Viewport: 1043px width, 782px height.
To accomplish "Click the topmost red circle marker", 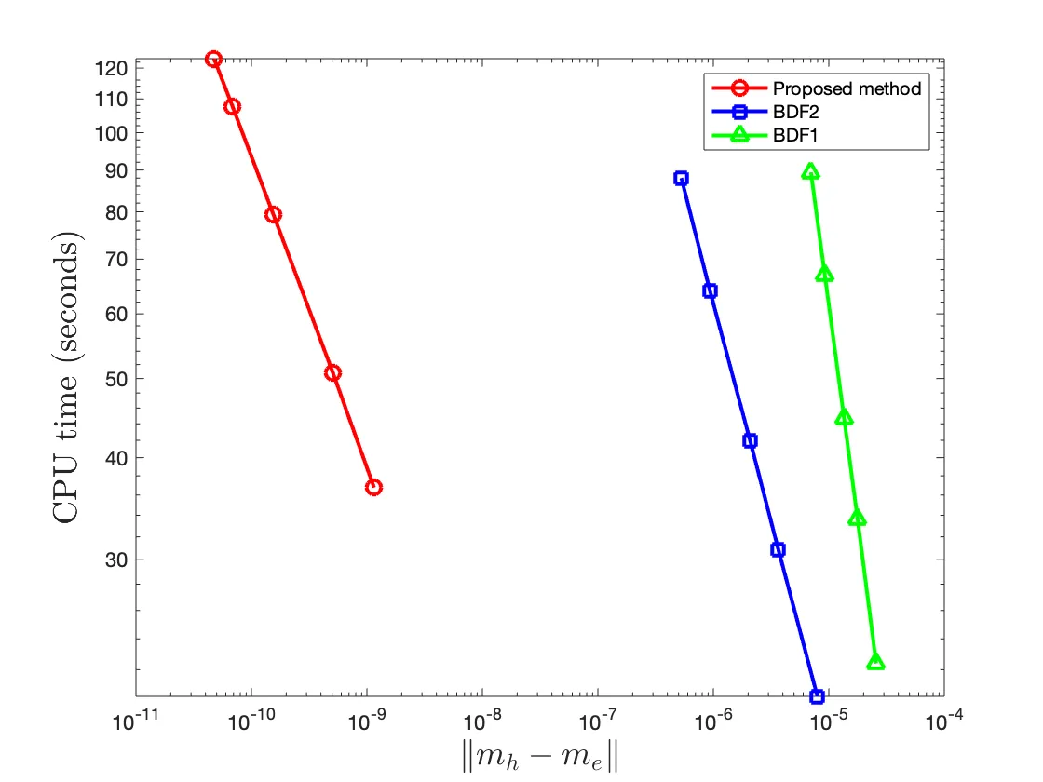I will click(x=213, y=59).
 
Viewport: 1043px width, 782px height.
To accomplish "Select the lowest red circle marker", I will click(x=373, y=487).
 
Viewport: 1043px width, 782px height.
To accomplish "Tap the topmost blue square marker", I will click(x=681, y=178).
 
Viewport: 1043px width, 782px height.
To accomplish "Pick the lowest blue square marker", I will click(x=817, y=696).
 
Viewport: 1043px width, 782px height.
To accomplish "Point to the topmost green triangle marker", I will click(x=810, y=171).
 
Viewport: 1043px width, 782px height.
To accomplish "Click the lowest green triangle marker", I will click(x=875, y=662).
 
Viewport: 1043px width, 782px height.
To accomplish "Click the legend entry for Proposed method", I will click(x=847, y=89).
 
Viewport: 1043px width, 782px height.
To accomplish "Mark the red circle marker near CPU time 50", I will click(x=332, y=372).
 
